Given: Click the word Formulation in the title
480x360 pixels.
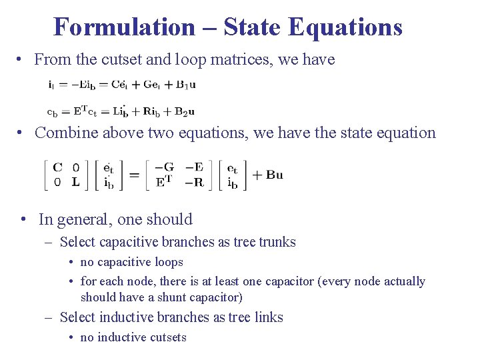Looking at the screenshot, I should tap(123, 27).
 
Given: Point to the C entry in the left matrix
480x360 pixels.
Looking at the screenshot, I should tap(58, 168).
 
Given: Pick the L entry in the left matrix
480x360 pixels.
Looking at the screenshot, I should tap(75, 181).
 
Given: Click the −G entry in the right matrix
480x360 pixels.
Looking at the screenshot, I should tap(164, 168).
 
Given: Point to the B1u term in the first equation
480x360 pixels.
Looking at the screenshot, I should tap(185, 85).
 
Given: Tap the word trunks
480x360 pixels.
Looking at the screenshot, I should tap(276, 242).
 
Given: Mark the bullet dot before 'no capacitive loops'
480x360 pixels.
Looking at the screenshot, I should tap(72, 263).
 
